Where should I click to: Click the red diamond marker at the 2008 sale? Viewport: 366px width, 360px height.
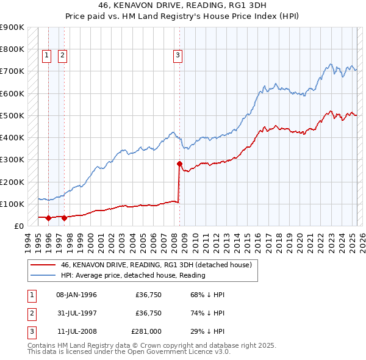pyautogui.click(x=179, y=164)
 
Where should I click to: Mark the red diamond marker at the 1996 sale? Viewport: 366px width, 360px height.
pyautogui.click(x=48, y=218)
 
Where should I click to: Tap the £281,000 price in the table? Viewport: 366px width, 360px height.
pyautogui.click(x=146, y=333)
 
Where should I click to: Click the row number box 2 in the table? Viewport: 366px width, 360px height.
pyautogui.click(x=30, y=314)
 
